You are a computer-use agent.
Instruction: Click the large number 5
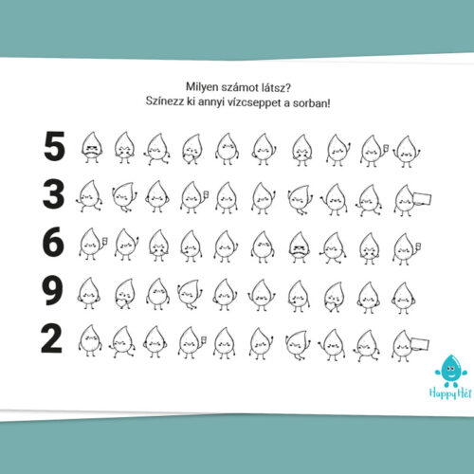point(54,146)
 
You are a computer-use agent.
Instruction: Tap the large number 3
point(53,194)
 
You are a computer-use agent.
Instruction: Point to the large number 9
point(52,290)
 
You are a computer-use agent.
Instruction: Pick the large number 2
point(51,339)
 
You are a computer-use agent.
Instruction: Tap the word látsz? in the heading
point(277,87)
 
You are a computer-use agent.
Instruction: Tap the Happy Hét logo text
point(450,393)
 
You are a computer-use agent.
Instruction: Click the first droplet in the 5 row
point(91,147)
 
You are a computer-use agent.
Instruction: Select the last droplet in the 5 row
point(407,152)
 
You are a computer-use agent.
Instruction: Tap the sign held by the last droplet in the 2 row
point(420,344)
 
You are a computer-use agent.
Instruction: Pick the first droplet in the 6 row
point(92,244)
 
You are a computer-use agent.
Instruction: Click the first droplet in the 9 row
point(89,293)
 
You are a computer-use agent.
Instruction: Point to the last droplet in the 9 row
point(403,298)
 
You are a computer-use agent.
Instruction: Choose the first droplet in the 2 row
point(90,340)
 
